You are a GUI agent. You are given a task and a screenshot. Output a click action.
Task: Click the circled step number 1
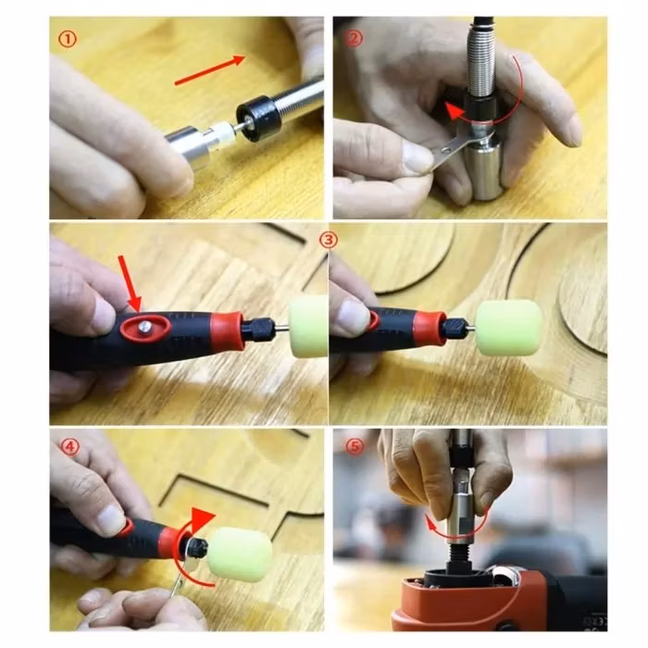tap(68, 40)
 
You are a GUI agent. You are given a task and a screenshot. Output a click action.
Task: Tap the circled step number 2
tap(354, 39)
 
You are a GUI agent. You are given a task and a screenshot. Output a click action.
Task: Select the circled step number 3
tap(329, 240)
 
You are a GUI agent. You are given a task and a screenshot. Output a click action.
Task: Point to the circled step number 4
tap(69, 447)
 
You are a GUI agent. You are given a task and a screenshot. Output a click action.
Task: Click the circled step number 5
tap(355, 447)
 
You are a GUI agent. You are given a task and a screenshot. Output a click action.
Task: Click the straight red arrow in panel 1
tap(210, 70)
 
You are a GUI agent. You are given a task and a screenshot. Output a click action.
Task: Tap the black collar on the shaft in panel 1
tap(256, 118)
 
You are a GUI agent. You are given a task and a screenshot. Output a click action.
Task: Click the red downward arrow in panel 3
tap(131, 284)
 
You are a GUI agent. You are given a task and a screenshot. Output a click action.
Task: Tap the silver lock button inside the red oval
tap(144, 327)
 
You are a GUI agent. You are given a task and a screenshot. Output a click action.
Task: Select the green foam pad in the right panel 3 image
tap(508, 328)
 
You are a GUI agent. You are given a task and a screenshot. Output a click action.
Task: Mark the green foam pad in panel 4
tap(240, 555)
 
